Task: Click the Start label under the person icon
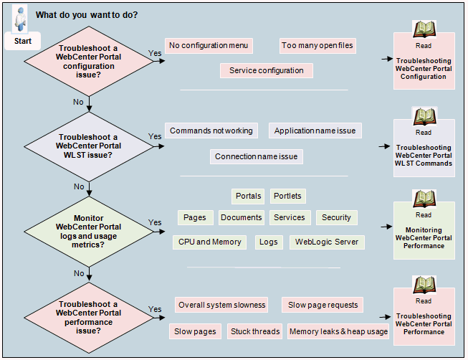[23, 42]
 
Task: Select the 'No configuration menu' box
[209, 46]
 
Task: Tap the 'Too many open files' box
[317, 46]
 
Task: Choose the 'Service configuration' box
[266, 70]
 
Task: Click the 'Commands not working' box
[211, 131]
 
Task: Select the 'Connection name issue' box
[257, 156]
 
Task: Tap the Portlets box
[287, 196]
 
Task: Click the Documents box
[241, 217]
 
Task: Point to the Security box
[336, 217]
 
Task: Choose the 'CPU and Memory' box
[210, 242]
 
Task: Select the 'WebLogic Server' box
[328, 242]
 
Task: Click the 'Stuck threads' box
[254, 331]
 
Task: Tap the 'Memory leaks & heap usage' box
[338, 331]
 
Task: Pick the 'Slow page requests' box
[323, 305]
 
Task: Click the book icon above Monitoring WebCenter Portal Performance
[424, 198]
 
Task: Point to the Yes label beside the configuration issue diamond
[155, 53]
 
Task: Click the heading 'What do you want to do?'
[87, 15]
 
